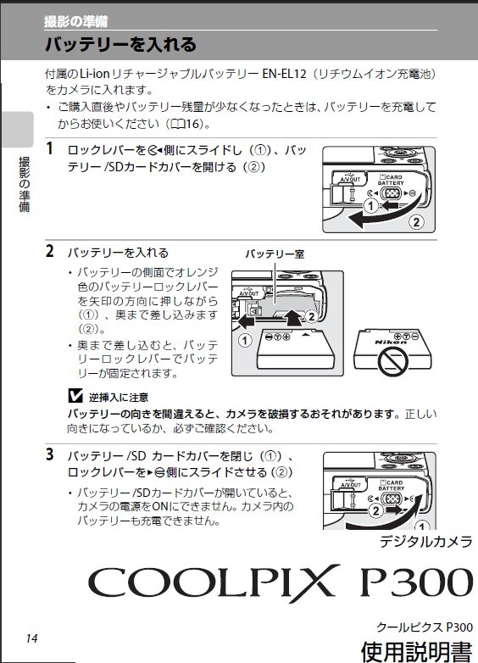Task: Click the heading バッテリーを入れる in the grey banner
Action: [x=120, y=44]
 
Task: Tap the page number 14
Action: [x=31, y=638]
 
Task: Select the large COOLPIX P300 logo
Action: [x=281, y=582]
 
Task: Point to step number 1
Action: [x=50, y=148]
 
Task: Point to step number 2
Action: [x=50, y=251]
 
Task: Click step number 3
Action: [x=50, y=454]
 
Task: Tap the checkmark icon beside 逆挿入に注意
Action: [x=75, y=396]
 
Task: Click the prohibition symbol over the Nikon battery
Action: [x=392, y=361]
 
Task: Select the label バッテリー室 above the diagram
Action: [x=275, y=253]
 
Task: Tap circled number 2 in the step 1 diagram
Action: [x=416, y=222]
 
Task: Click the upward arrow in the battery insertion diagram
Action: [x=293, y=317]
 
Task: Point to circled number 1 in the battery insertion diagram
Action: [x=245, y=340]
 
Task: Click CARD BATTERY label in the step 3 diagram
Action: [x=392, y=486]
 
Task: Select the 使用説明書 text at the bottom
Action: [x=417, y=652]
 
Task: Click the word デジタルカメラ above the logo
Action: [x=426, y=542]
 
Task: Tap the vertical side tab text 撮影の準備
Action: [x=25, y=184]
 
